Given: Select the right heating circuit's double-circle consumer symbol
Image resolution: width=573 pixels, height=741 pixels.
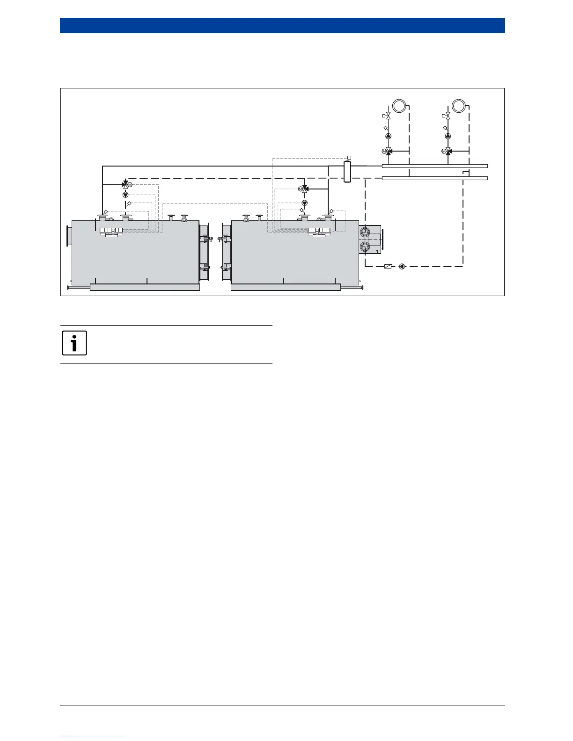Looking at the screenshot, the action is [x=459, y=105].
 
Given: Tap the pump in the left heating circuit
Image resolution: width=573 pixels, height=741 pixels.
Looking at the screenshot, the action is [x=388, y=136].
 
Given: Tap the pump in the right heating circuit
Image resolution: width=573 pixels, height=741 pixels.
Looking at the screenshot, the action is [x=448, y=136].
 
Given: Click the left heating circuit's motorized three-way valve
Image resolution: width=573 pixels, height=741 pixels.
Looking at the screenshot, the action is [x=388, y=151].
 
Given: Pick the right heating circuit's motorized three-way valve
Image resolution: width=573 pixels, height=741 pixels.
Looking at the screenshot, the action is [x=448, y=151].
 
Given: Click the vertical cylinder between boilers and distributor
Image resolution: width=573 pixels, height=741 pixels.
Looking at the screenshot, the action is [x=347, y=171].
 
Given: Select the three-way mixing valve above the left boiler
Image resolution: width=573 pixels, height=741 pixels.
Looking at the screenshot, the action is [x=125, y=185].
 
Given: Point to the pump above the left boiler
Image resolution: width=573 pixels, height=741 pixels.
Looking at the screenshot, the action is [x=125, y=195].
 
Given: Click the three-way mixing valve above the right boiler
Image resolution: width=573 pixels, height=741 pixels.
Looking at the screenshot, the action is [x=305, y=189].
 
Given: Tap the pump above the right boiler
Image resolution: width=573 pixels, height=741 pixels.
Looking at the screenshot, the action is [x=305, y=203].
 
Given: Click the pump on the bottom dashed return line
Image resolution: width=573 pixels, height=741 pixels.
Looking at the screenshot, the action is [x=402, y=267].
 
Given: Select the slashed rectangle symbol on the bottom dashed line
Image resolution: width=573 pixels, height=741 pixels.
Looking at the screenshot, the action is [x=388, y=267].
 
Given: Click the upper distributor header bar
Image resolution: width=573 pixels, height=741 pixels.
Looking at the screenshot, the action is [x=434, y=166].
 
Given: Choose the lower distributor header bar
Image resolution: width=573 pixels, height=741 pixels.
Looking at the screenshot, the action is [x=434, y=178].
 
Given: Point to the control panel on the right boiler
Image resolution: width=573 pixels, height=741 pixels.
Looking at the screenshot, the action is [x=319, y=230].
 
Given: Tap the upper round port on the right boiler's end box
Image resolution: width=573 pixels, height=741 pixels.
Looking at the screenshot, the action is [x=365, y=232].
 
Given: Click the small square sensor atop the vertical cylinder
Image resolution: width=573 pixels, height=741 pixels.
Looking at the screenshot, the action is [x=349, y=157].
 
